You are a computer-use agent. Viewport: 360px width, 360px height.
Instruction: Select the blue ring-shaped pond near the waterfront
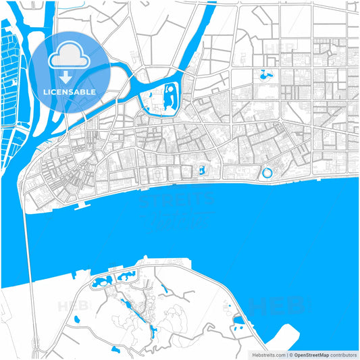coord(267,174)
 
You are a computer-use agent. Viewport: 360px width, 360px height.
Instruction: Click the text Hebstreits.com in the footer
coord(268,354)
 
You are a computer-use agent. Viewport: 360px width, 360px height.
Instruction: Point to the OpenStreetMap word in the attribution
coord(311,354)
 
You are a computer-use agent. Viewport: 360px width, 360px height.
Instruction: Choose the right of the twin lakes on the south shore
coord(126,276)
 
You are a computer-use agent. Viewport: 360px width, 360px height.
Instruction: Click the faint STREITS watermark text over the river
coord(176,200)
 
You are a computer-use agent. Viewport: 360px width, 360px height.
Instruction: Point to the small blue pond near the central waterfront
coord(201,170)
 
